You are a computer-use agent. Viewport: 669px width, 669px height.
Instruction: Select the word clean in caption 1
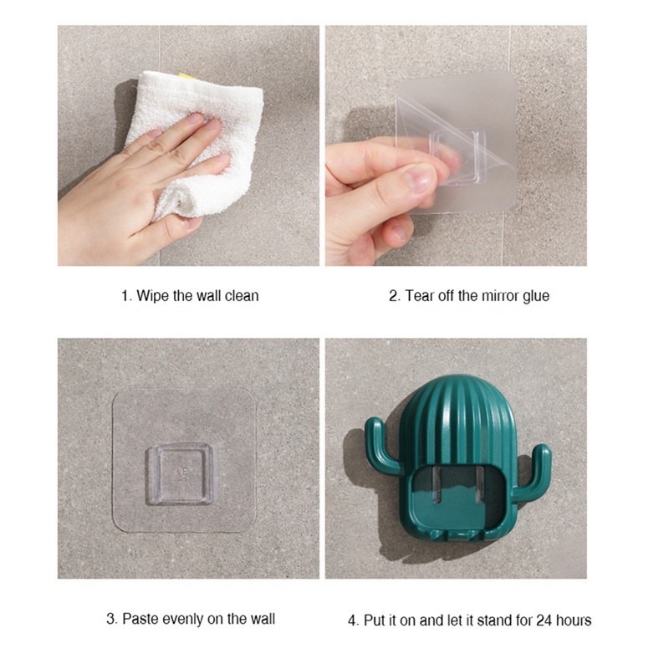[242, 295]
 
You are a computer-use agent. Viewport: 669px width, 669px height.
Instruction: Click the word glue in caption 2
[535, 295]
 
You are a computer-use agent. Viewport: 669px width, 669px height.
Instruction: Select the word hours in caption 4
[573, 620]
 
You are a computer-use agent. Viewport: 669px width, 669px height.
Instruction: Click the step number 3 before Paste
[110, 619]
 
